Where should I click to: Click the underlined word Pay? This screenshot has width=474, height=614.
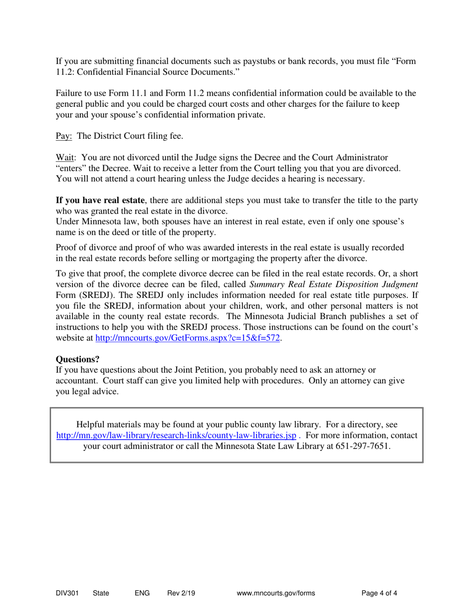click(64, 136)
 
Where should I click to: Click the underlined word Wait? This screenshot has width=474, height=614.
click(65, 158)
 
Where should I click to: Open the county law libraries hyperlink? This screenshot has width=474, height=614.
click(177, 435)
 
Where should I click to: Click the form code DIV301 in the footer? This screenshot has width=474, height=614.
click(67, 594)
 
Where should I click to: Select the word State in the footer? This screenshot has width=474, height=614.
click(101, 594)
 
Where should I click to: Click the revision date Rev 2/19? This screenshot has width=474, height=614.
click(181, 594)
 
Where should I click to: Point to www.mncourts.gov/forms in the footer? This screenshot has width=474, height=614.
click(276, 594)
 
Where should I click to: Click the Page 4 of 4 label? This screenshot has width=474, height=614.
click(380, 594)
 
